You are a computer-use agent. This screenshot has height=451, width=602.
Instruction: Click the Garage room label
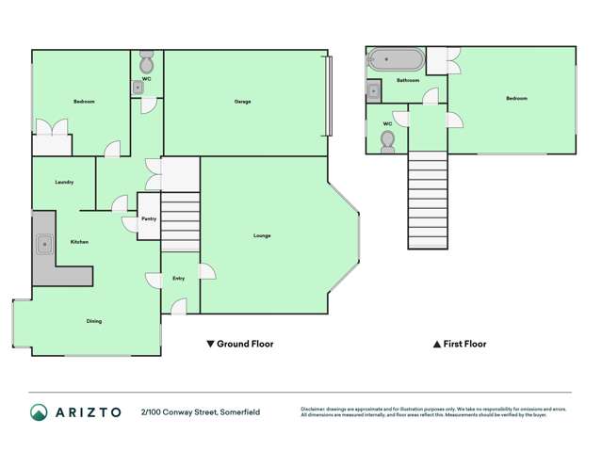pyautogui.click(x=242, y=101)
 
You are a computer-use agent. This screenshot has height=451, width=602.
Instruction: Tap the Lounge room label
pyautogui.click(x=262, y=235)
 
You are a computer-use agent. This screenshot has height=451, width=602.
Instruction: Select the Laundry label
pyautogui.click(x=64, y=182)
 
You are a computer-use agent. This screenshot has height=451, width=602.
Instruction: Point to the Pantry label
pyautogui.click(x=149, y=218)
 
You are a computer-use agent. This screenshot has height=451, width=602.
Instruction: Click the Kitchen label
pyautogui.click(x=79, y=242)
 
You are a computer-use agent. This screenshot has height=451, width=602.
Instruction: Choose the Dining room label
pyautogui.click(x=94, y=321)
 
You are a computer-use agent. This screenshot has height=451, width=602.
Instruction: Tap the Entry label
pyautogui.click(x=178, y=279)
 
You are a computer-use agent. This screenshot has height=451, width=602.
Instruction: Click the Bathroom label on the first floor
pyautogui.click(x=408, y=81)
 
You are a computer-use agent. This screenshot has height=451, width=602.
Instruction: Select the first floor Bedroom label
pyautogui.click(x=516, y=98)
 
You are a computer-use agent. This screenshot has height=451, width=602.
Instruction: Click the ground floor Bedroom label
pyautogui.click(x=84, y=101)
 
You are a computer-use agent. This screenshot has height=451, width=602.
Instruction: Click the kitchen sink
pyautogui.click(x=44, y=245)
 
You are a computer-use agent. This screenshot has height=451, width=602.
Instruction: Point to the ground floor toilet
pyautogui.click(x=147, y=64)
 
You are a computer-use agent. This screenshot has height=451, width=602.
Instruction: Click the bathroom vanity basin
pyautogui.click(x=374, y=91)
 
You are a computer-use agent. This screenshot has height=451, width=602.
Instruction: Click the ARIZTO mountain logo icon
pyautogui.click(x=40, y=412)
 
